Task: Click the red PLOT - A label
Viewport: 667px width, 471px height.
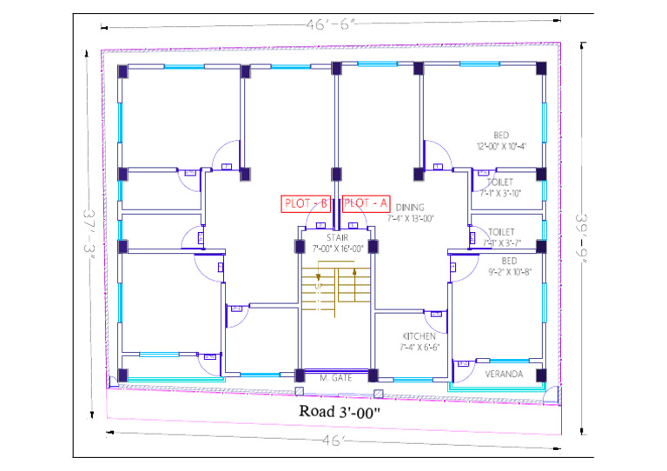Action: coord(366,203)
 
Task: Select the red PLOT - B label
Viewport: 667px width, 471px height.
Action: coord(306,203)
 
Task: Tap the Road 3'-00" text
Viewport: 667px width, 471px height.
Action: coord(340,411)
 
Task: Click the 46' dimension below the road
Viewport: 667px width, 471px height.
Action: coord(332,441)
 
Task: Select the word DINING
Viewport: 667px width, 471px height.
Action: coord(410,208)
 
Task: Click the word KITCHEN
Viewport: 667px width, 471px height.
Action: coord(419,336)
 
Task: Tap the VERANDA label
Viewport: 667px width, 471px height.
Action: coord(504,375)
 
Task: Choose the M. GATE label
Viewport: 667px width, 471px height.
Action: coord(334,377)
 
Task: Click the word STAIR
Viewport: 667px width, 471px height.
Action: coord(338,237)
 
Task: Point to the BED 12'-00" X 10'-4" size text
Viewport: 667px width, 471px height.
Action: coord(501,146)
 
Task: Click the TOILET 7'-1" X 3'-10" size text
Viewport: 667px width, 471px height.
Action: coord(499,193)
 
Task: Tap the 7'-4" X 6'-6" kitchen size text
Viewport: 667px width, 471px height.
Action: coord(419,347)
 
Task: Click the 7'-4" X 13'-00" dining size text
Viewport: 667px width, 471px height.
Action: coord(410,219)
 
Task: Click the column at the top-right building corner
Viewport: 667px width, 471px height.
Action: coord(541,69)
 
